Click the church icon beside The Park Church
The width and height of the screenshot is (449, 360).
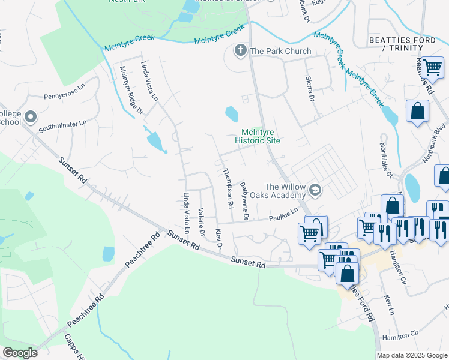(x=241, y=50)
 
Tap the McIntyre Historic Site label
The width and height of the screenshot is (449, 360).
(x=261, y=136)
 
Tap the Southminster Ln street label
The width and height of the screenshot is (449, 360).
(x=62, y=125)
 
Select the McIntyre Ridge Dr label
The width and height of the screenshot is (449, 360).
(x=131, y=89)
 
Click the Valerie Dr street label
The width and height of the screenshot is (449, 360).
(x=202, y=221)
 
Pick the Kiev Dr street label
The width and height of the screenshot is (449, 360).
(x=219, y=239)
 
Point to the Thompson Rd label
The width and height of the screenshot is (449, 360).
(x=229, y=188)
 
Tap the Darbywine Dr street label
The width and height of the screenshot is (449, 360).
(x=245, y=201)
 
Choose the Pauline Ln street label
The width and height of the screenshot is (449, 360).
(x=283, y=214)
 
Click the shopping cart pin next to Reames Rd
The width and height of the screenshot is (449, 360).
(x=432, y=67)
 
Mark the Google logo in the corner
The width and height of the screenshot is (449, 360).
(x=20, y=353)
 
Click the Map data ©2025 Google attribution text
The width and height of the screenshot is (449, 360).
(x=412, y=355)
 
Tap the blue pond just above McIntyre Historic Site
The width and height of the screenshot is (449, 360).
(x=232, y=113)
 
